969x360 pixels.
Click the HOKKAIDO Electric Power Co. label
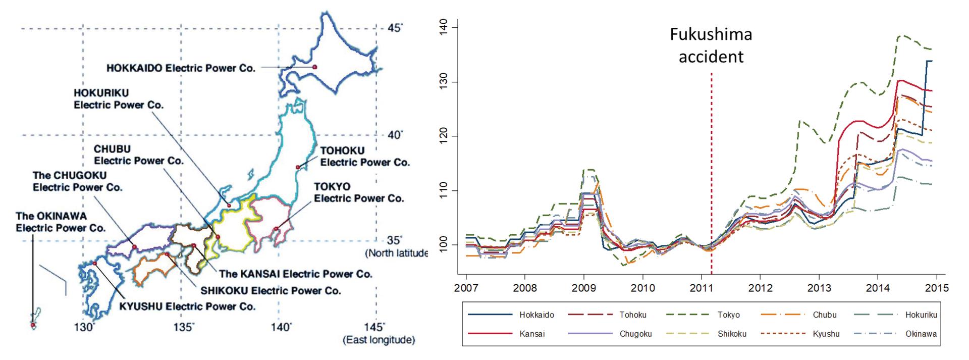[181, 68]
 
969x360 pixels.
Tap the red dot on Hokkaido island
[314, 67]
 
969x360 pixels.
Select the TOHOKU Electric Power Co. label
[365, 157]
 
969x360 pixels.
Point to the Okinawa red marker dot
[33, 325]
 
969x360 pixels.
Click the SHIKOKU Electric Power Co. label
[271, 291]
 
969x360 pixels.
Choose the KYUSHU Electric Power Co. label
[187, 306]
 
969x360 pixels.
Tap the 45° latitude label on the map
[395, 27]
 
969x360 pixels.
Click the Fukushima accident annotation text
[711, 45]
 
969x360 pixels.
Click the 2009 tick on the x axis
[584, 288]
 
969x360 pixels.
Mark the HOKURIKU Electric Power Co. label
[119, 99]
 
